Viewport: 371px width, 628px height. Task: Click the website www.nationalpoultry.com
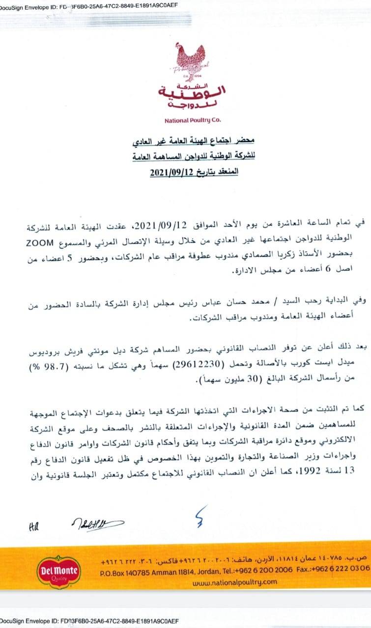pyautogui.click(x=234, y=582)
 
